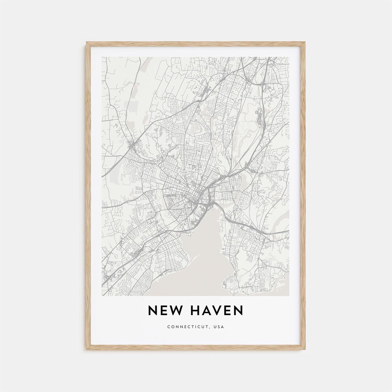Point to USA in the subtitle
click(x=219, y=327)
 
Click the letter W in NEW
click(x=176, y=311)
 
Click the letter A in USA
click(x=222, y=327)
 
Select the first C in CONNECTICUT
click(x=168, y=327)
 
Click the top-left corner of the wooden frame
click(x=87, y=43)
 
